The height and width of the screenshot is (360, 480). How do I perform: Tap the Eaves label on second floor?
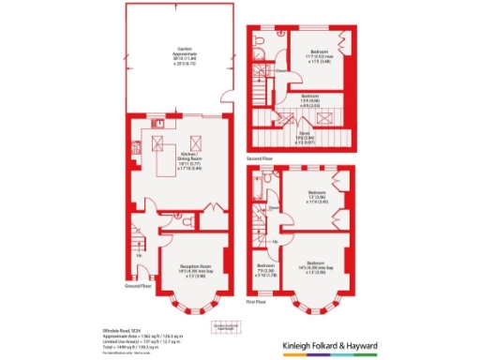306,135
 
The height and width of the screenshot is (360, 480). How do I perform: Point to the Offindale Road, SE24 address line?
128,331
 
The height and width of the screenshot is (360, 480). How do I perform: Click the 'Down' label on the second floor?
280,70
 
